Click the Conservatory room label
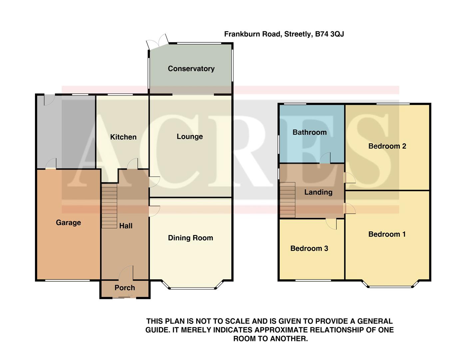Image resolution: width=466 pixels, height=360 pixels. (191, 69)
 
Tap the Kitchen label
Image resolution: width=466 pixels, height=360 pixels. (123, 137)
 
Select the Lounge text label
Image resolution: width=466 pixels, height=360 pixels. (190, 137)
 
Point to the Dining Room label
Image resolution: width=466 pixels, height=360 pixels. (190, 238)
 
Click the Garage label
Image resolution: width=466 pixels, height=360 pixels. (68, 223)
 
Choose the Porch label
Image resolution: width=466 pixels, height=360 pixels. (125, 288)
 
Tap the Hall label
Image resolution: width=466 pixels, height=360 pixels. (126, 226)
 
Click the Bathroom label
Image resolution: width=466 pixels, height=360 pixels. (309, 132)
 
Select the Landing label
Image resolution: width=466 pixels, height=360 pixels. (318, 192)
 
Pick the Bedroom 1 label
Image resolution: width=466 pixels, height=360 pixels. (387, 234)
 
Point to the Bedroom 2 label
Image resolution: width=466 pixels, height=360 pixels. (387, 146)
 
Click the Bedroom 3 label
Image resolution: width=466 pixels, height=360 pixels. (309, 248)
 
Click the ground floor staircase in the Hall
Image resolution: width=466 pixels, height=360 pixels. (109, 207)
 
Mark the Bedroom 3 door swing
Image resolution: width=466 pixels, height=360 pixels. (332, 224)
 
